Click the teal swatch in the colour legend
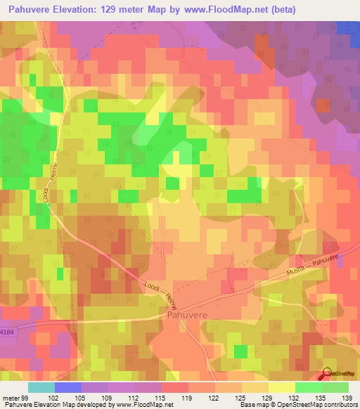[x=41, y=387]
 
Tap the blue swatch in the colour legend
[x=68, y=387]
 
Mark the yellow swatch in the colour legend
[x=281, y=387]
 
